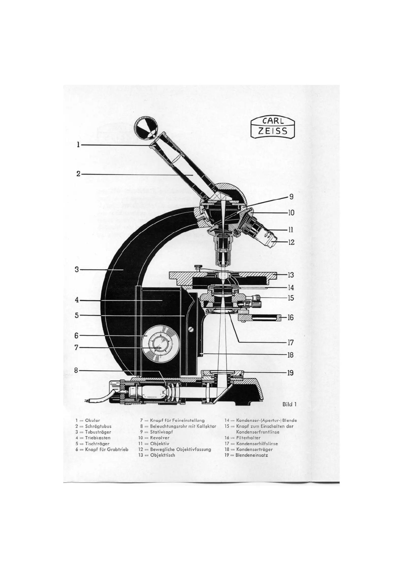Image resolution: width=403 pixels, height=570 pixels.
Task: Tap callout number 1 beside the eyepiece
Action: pos(78,145)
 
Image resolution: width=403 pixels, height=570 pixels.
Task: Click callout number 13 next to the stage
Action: pos(291,275)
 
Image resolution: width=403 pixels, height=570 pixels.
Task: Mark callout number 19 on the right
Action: pos(290,373)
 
